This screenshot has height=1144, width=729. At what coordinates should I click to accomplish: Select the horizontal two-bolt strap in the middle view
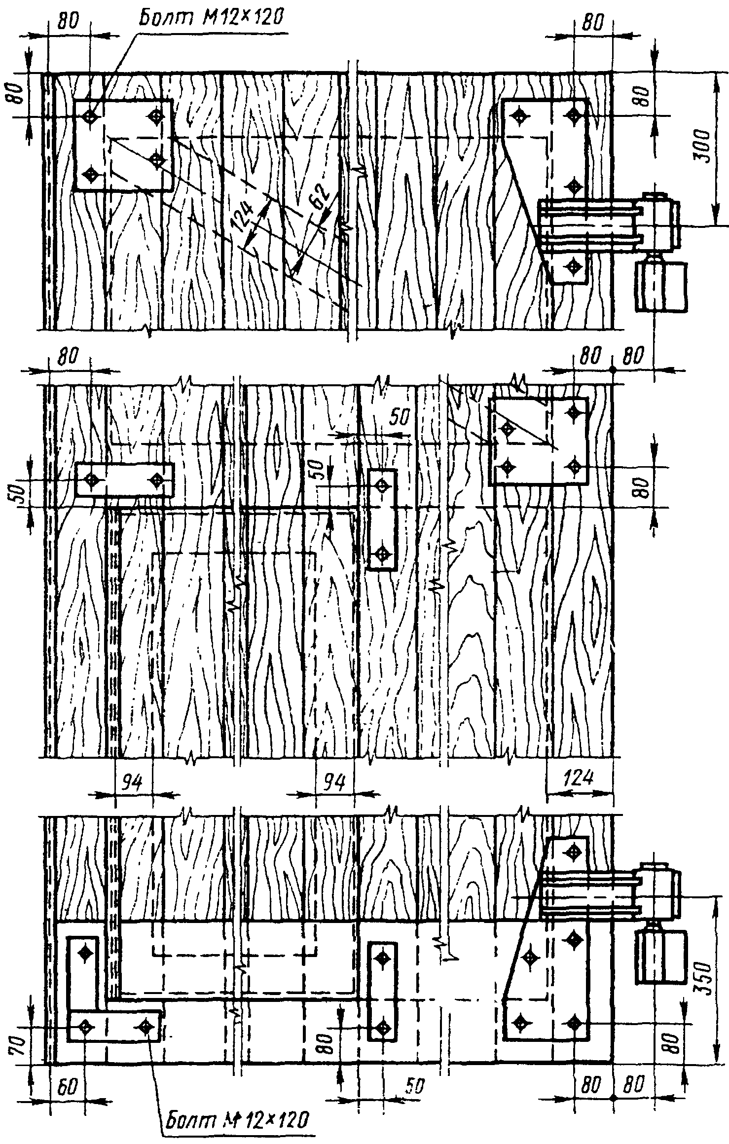(125, 480)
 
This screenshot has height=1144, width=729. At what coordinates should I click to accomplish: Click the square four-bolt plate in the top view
(123, 145)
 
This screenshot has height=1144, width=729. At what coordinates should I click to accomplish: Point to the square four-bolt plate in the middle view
(538, 442)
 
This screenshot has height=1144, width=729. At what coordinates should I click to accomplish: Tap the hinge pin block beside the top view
(661, 287)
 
